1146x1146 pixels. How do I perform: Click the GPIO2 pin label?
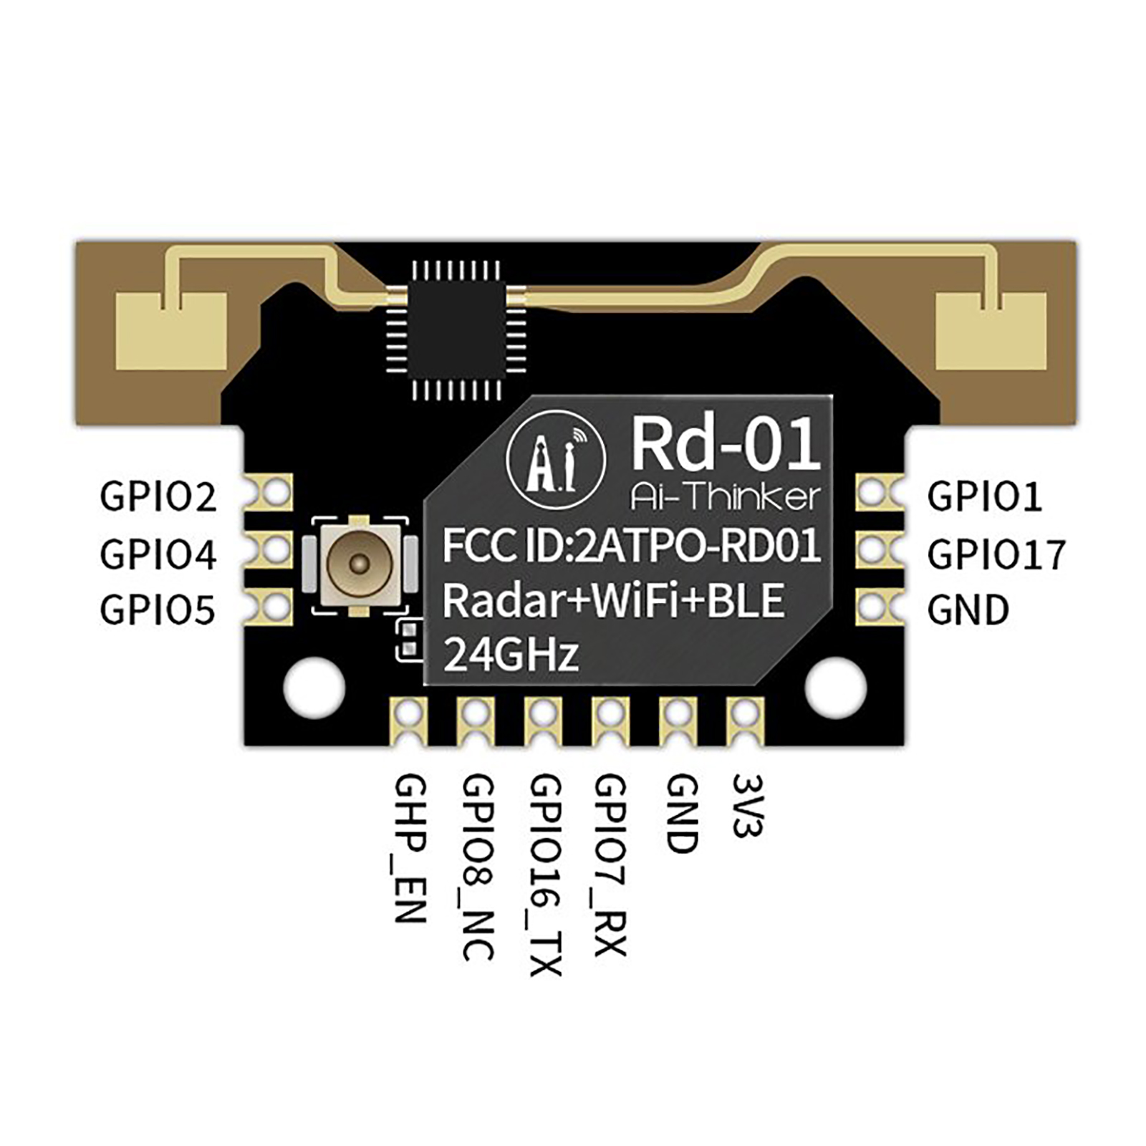[x=158, y=496]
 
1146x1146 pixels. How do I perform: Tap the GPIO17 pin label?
[x=996, y=554]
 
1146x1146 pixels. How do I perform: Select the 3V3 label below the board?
[x=748, y=805]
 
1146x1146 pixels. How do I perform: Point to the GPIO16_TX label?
[x=545, y=875]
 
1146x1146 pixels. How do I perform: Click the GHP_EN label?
[x=411, y=849]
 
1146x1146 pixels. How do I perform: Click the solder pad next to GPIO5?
[x=274, y=607]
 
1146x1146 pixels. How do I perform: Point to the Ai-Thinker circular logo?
[x=556, y=458]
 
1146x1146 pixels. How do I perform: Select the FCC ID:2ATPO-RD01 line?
[x=631, y=546]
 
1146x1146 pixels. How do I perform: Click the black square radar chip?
[x=456, y=329]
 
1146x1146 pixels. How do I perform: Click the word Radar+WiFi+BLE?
[x=613, y=600]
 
